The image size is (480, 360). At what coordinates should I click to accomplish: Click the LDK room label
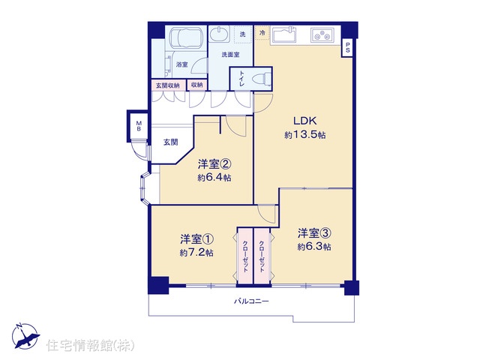click(305, 121)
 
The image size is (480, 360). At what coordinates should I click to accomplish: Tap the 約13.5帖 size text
click(305, 135)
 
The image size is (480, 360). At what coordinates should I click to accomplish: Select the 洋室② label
click(214, 164)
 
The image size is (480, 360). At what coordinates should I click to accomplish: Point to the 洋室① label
click(196, 239)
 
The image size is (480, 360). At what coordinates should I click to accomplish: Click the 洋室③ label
click(314, 233)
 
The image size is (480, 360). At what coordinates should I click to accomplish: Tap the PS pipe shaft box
click(347, 48)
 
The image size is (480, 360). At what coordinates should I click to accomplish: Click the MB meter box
click(139, 126)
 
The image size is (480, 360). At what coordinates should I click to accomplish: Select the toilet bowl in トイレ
click(261, 79)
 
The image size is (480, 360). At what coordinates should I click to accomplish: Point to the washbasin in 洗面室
click(219, 34)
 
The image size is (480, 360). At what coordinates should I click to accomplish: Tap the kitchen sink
click(283, 35)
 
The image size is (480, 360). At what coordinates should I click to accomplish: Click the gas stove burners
click(322, 35)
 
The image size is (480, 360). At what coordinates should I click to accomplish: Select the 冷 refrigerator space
click(262, 33)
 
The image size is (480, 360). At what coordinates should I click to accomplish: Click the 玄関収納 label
click(168, 85)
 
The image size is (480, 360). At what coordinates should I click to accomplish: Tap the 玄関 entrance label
click(170, 142)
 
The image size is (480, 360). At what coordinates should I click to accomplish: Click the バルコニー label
click(251, 301)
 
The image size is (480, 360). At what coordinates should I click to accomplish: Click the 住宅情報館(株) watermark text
click(90, 345)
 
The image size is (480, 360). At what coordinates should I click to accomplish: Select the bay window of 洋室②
click(144, 188)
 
